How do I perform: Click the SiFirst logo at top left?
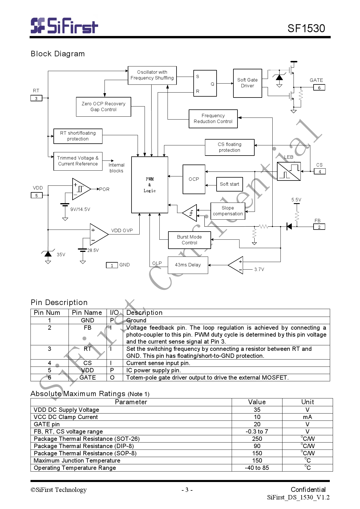[x=64, y=26]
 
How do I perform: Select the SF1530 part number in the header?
[x=306, y=28]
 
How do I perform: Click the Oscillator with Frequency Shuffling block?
[x=152, y=75]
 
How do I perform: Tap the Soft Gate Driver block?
[x=247, y=83]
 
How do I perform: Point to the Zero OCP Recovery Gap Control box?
[x=103, y=107]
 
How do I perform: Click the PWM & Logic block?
[x=150, y=185]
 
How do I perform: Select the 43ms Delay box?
[x=188, y=265]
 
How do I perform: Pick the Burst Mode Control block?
[x=189, y=240]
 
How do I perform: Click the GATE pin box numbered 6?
[x=319, y=88]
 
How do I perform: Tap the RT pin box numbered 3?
[x=36, y=98]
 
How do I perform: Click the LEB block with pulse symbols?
[x=289, y=172]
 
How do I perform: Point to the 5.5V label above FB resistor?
[x=296, y=200]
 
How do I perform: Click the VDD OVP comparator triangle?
[x=98, y=234]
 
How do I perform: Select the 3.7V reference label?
[x=259, y=269]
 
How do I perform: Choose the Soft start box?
[x=229, y=184]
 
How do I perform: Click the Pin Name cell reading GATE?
[x=87, y=378]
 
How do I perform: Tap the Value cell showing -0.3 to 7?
[x=257, y=432]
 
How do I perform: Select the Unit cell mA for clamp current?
[x=307, y=417]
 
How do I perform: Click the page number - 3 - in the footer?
[x=187, y=490]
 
